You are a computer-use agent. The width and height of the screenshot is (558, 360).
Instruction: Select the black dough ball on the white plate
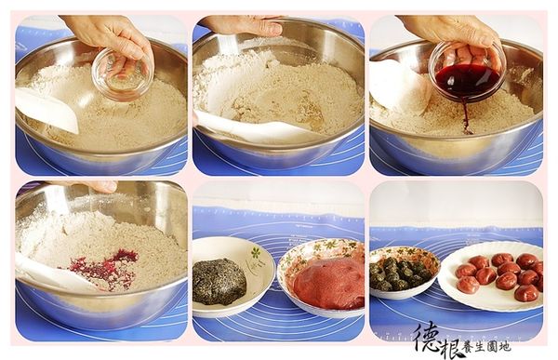coord(220,281)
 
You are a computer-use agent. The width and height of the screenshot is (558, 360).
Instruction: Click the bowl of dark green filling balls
coord(402,273)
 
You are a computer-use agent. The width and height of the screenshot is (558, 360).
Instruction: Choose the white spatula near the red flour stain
coord(46,270)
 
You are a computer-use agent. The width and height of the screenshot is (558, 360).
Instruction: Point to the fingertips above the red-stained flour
coord(101,186)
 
